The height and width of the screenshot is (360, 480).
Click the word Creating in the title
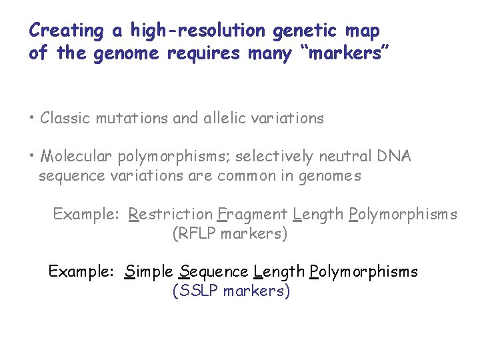pyautogui.click(x=67, y=31)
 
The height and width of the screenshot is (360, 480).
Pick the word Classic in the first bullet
pyautogui.click(x=65, y=119)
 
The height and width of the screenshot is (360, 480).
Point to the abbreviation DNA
pyautogui.click(x=395, y=157)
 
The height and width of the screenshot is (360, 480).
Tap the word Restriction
pyautogui.click(x=170, y=215)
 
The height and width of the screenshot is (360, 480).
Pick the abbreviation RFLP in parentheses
pyautogui.click(x=197, y=234)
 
